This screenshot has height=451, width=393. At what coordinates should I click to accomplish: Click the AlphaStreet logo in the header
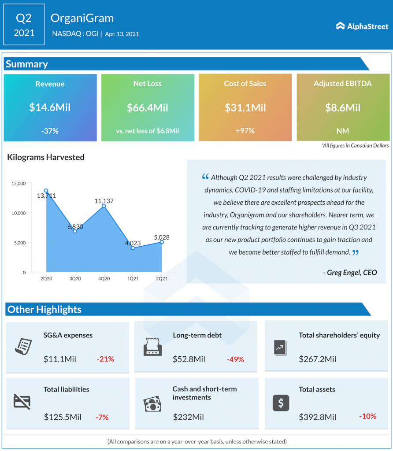(x=362, y=26)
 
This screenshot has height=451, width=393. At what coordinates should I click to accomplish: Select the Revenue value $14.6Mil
(x=50, y=107)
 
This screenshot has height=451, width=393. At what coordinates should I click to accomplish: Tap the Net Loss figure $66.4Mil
(x=148, y=107)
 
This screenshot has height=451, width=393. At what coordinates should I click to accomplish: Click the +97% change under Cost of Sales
(x=245, y=130)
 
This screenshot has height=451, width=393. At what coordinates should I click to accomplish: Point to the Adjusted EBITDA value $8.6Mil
(x=343, y=107)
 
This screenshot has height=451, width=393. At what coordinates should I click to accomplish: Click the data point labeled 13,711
(x=46, y=191)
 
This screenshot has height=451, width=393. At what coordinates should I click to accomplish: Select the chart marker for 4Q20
(x=104, y=206)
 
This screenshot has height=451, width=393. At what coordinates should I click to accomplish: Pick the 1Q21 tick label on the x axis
(x=133, y=279)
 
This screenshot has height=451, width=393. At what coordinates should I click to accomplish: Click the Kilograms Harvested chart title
(x=46, y=157)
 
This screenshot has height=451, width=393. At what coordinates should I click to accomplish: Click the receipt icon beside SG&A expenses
(x=22, y=346)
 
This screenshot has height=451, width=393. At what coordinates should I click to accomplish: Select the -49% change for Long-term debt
(x=235, y=359)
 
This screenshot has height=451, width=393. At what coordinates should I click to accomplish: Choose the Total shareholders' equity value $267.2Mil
(x=317, y=359)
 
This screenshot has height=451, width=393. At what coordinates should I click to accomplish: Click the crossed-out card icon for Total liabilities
(x=22, y=402)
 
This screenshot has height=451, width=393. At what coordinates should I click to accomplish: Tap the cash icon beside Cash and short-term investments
(x=152, y=404)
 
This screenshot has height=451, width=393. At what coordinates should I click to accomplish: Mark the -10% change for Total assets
(x=367, y=416)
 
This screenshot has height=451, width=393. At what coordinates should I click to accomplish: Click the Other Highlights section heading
(x=44, y=310)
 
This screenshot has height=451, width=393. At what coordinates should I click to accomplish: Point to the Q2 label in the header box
(x=24, y=18)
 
